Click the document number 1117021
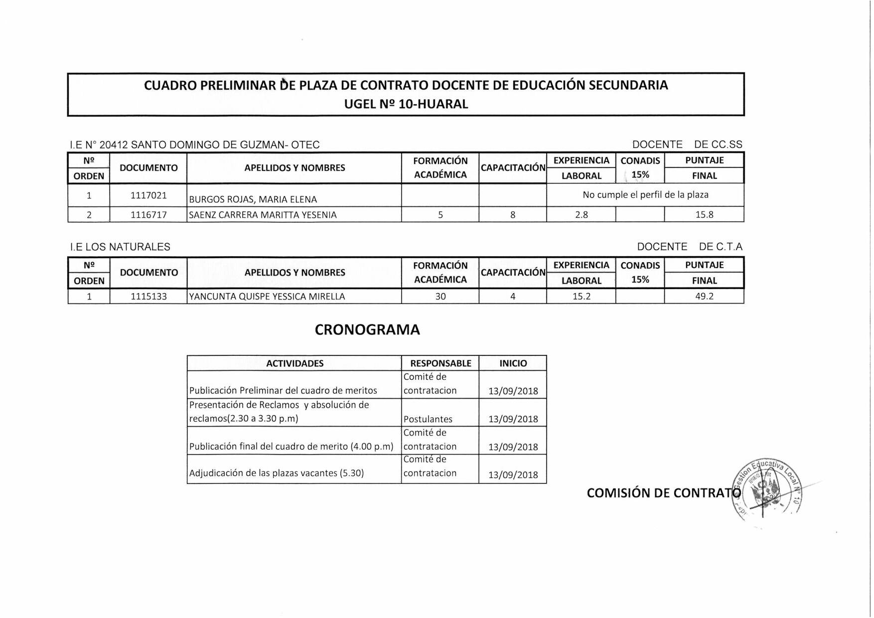[148, 195]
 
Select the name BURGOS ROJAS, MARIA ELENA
[253, 199]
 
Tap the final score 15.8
[704, 215]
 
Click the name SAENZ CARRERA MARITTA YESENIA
[263, 215]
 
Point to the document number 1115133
[148, 297]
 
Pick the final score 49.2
[704, 297]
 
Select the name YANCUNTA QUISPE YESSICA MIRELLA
[267, 297]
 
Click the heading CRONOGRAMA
[367, 330]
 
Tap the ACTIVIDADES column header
[294, 363]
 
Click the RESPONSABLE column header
[440, 363]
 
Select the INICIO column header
[513, 363]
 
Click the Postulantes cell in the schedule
[428, 419]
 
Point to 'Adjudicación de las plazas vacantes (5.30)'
[277, 473]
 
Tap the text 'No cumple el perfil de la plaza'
[645, 195]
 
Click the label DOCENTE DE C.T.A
[689, 247]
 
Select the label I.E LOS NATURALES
[120, 247]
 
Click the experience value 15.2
[581, 297]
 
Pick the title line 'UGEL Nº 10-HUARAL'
[406, 104]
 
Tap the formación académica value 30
[440, 297]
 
